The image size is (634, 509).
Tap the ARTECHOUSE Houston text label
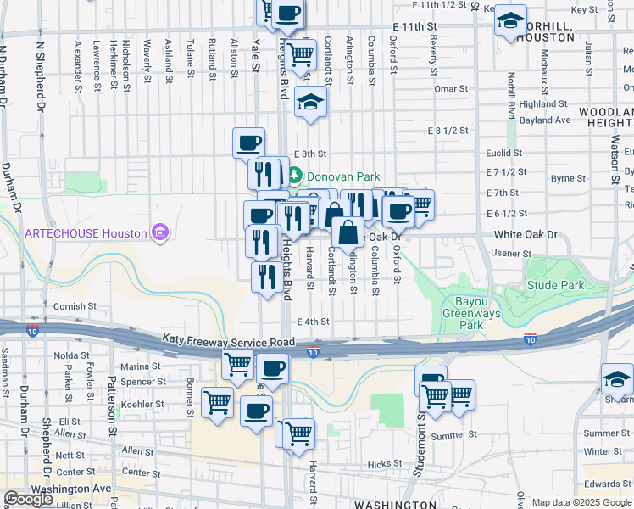coord(86,233)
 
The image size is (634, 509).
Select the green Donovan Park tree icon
coord(294,176)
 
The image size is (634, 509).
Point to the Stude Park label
coord(555,285)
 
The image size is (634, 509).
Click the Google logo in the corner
coord(28,499)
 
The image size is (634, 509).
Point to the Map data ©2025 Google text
coord(581,502)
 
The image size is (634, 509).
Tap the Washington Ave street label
coord(70,489)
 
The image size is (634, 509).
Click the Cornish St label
coord(70,306)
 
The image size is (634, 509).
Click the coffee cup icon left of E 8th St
coord(249,142)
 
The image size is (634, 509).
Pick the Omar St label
coord(445,88)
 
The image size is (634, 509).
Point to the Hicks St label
coord(384,464)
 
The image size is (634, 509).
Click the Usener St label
coord(510,253)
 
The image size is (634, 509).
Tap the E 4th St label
coord(313,322)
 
